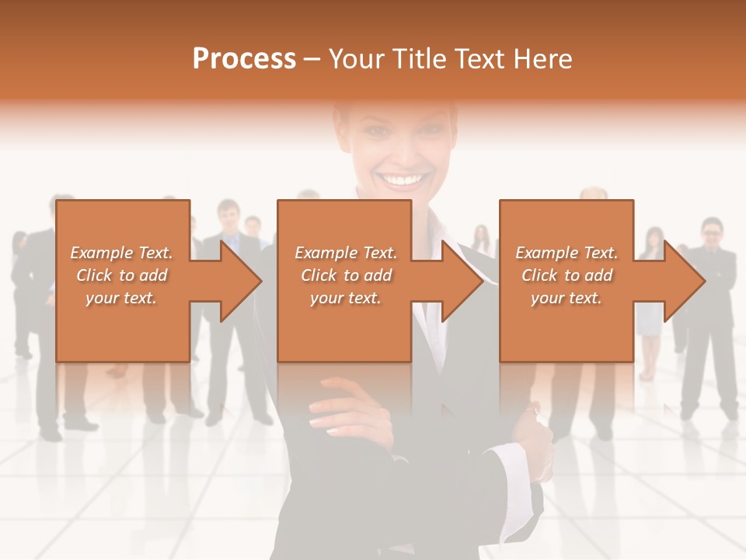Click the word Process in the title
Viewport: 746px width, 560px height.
tap(244, 59)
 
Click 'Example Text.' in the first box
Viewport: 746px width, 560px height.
tap(121, 253)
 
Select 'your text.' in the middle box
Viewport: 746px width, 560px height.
tap(346, 298)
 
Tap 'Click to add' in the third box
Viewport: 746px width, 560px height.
tap(566, 275)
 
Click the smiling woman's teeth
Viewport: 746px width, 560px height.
tap(403, 180)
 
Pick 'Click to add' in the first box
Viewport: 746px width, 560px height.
tap(121, 275)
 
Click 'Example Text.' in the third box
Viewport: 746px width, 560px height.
tap(566, 253)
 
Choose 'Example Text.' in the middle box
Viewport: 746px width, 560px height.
tap(346, 253)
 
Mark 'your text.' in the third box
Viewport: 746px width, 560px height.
tap(566, 298)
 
